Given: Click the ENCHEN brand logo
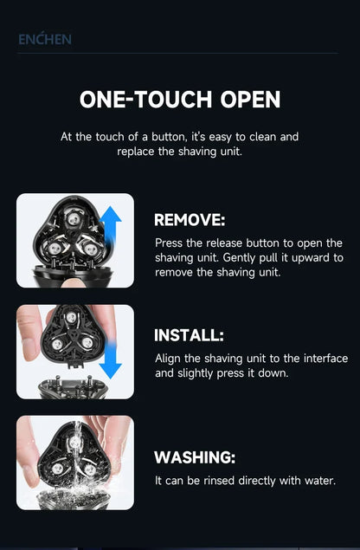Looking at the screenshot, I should click(x=44, y=39).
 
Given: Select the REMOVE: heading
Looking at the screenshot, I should click(x=190, y=220).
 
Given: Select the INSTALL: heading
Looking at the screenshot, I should click(x=189, y=335).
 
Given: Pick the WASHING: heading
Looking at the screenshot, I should click(x=195, y=457).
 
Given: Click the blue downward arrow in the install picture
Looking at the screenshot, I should click(x=111, y=354).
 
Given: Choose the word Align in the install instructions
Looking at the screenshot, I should click(x=169, y=359).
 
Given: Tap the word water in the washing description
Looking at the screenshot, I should click(x=317, y=480).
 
